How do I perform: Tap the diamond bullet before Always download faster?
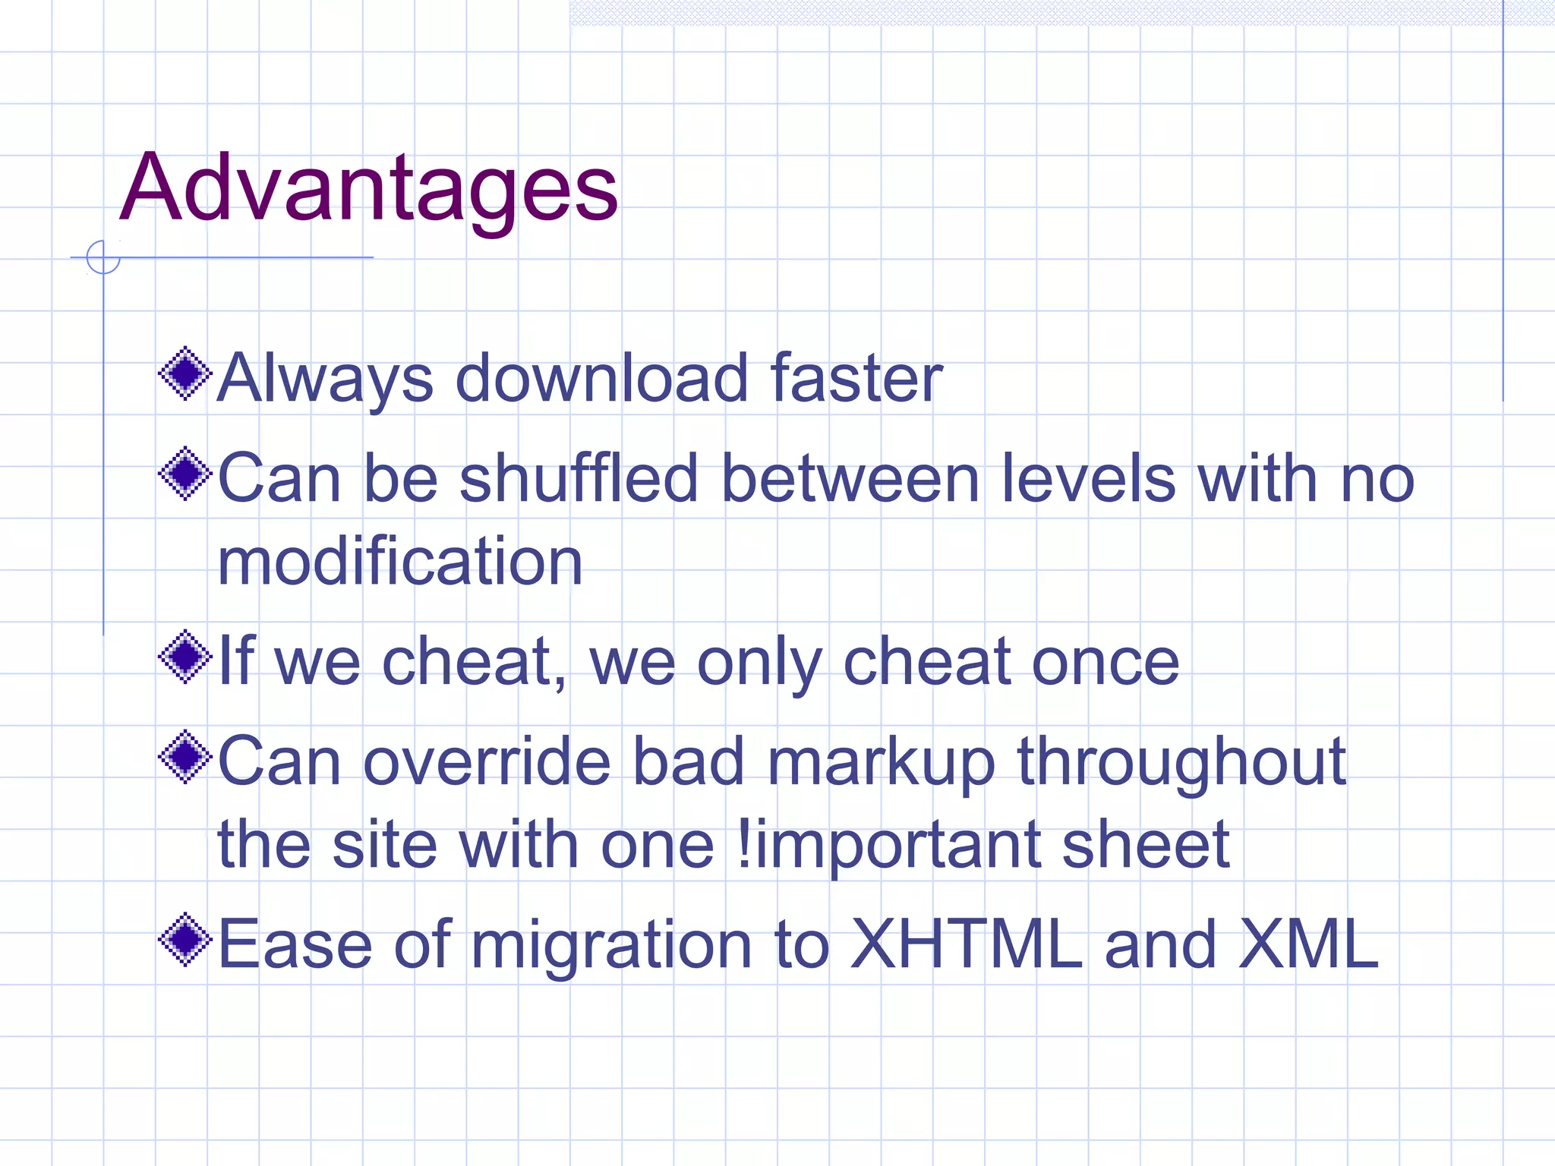[x=185, y=373]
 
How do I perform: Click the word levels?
[x=1088, y=478]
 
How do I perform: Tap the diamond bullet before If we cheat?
[x=185, y=657]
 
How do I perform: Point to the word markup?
[x=881, y=763]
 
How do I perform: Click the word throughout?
[x=1181, y=761]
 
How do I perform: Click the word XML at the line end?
[x=1308, y=944]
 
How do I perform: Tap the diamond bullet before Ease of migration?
[x=185, y=940]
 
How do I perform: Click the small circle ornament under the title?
[x=103, y=257]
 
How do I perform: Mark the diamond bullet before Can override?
[x=185, y=757]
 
